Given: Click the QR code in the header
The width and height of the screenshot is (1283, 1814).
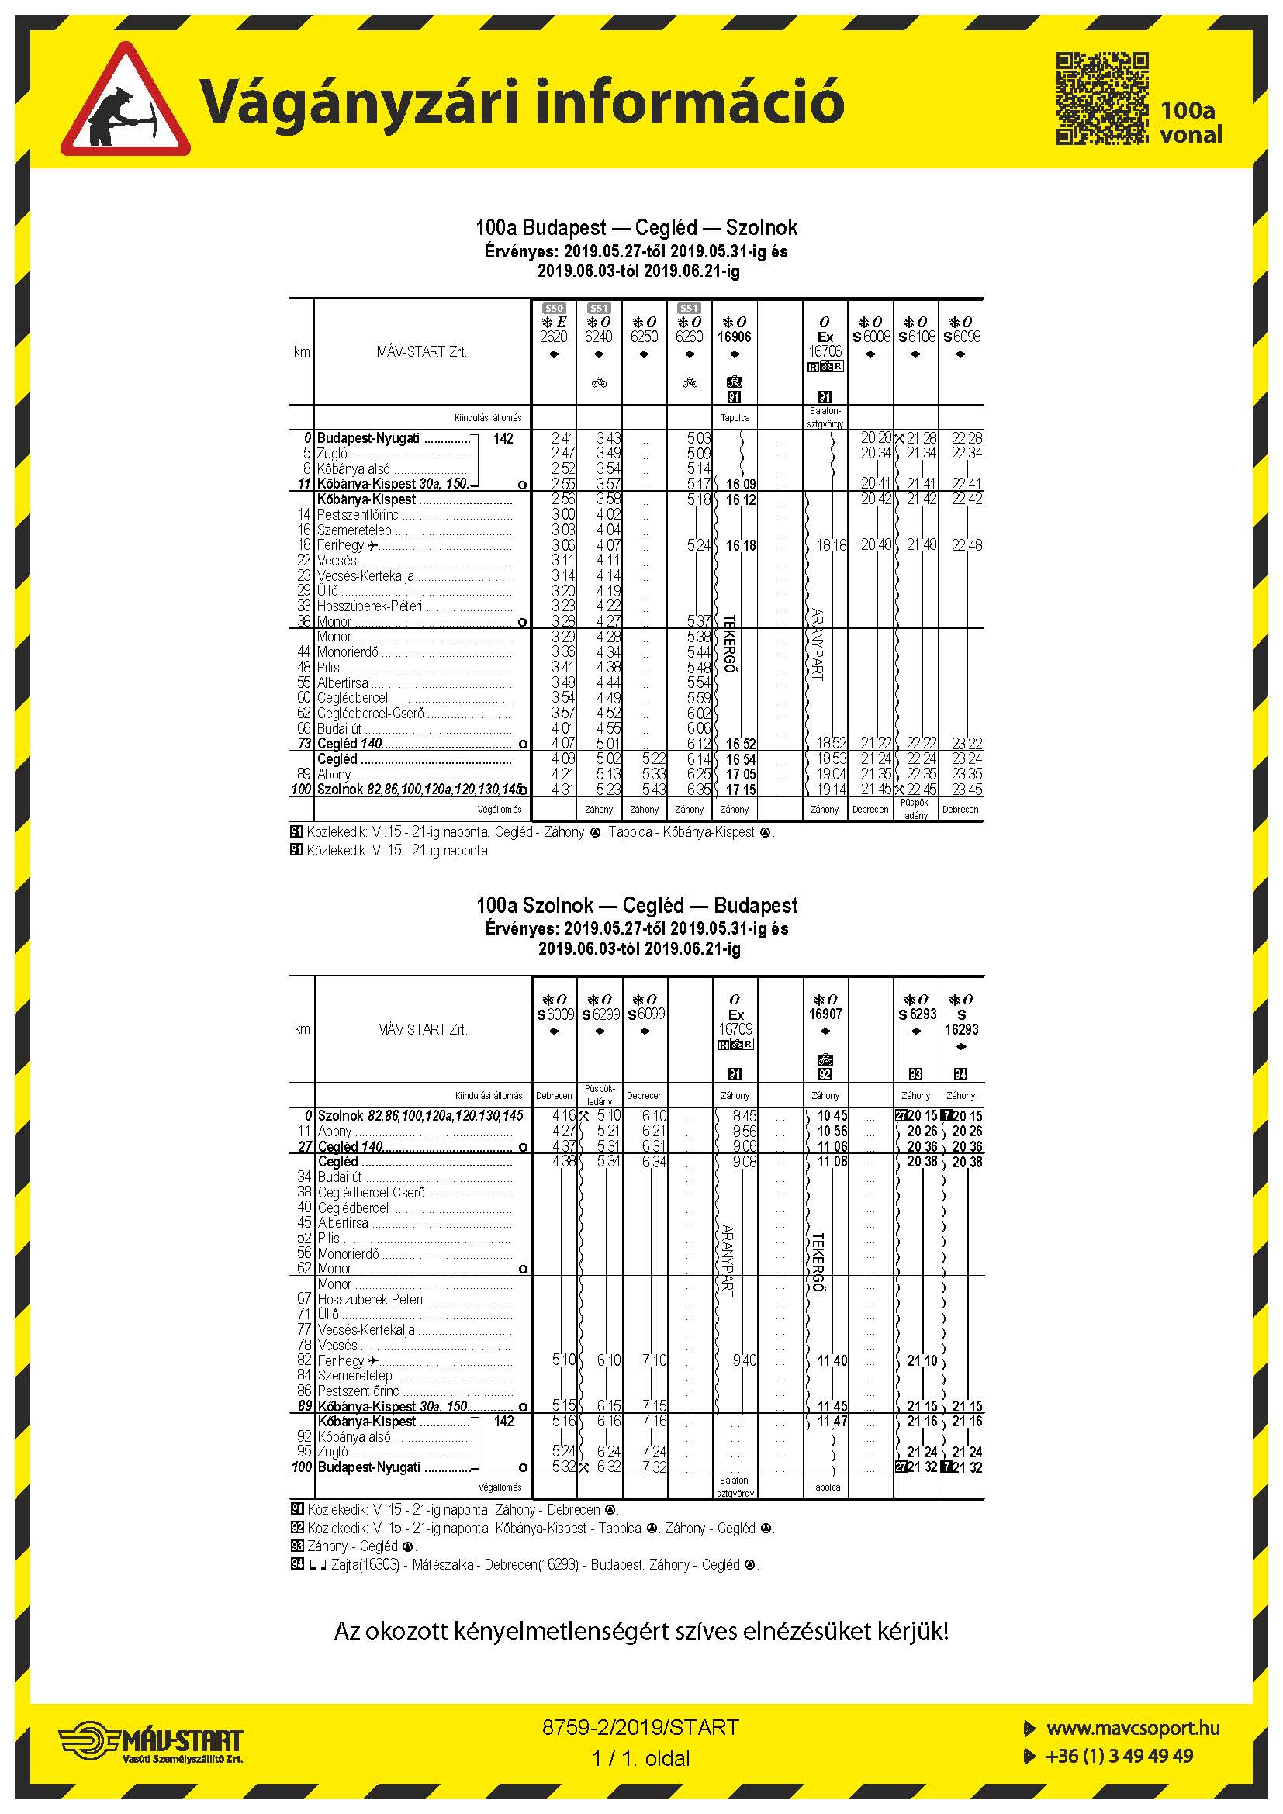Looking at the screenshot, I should click(1102, 98).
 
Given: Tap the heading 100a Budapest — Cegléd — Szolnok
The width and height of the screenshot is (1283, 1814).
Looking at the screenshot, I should click(636, 227).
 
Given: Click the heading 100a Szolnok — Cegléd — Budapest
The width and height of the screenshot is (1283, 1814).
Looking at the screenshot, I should click(637, 905).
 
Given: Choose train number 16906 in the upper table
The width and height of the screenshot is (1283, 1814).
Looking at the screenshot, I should click(734, 337).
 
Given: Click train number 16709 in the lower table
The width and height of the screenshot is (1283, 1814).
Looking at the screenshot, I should click(735, 1028).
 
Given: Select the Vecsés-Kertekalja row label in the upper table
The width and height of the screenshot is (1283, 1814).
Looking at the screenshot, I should click(365, 576).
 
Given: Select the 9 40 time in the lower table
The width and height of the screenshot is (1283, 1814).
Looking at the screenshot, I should click(743, 1360).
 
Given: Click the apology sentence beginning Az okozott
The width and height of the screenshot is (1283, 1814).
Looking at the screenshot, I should click(641, 1631).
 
